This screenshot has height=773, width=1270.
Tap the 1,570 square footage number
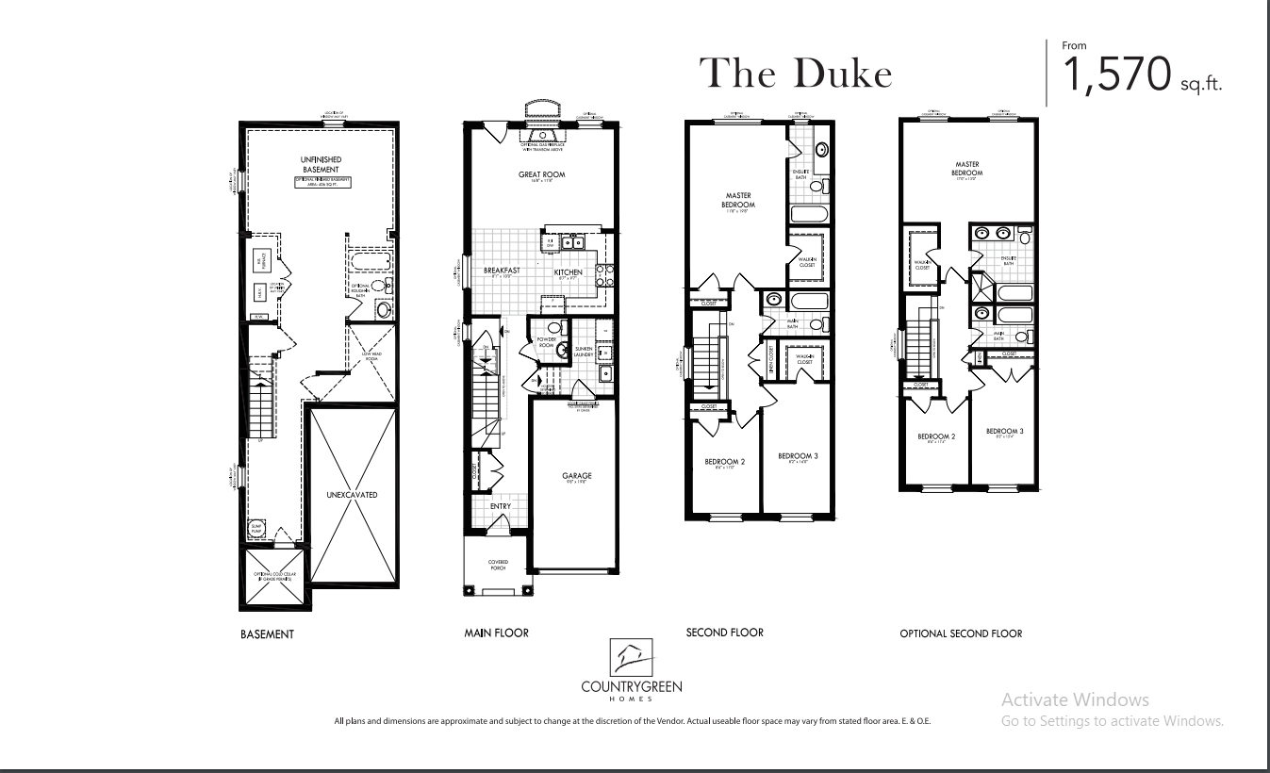pyautogui.click(x=1118, y=74)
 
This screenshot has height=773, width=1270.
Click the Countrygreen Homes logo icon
pyautogui.click(x=632, y=656)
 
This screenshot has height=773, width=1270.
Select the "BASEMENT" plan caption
pyautogui.click(x=267, y=634)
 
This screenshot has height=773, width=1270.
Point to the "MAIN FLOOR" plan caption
pyautogui.click(x=496, y=633)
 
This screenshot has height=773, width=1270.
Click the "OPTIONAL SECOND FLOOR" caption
pyautogui.click(x=961, y=634)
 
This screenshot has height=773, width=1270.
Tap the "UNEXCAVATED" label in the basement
pyautogui.click(x=353, y=495)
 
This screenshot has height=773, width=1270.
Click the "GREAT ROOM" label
pyautogui.click(x=541, y=174)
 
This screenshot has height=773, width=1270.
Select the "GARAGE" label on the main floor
pyautogui.click(x=570, y=476)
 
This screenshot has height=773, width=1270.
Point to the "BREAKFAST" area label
pyautogui.click(x=503, y=271)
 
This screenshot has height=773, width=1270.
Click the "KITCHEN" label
pyautogui.click(x=569, y=272)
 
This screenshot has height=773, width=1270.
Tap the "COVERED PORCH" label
pyautogui.click(x=498, y=565)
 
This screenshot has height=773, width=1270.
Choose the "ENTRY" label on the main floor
pyautogui.click(x=500, y=506)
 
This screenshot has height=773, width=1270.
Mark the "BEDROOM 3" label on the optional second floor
pyautogui.click(x=1005, y=432)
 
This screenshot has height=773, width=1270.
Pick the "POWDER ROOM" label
pyautogui.click(x=547, y=341)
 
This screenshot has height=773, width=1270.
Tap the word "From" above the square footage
pyautogui.click(x=1074, y=44)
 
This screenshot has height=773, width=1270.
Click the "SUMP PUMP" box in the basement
pyautogui.click(x=256, y=530)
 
